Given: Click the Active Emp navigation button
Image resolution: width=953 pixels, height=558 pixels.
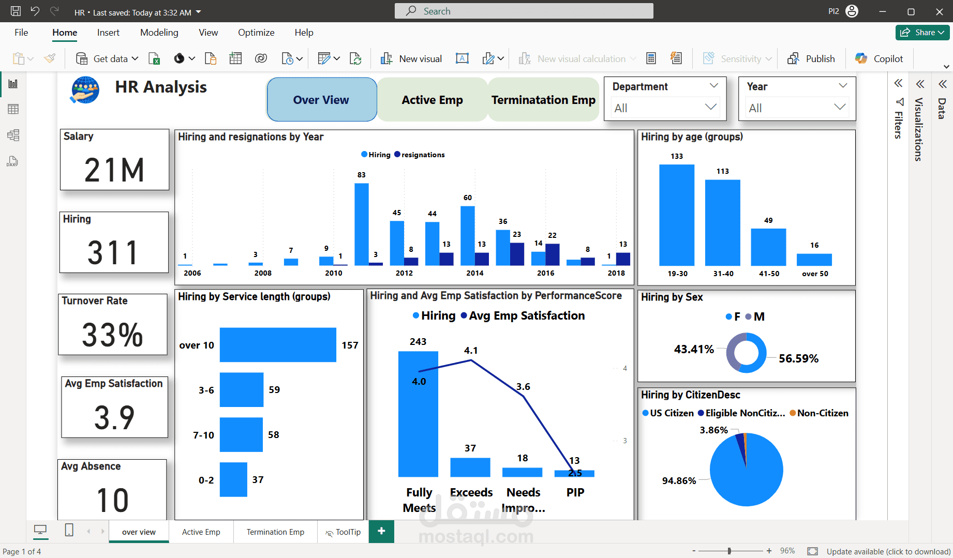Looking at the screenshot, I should coord(432,100).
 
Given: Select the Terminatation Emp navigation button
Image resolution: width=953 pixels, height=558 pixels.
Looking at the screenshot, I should coord(543,100).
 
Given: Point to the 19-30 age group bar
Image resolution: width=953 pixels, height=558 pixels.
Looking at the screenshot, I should coord(677,215).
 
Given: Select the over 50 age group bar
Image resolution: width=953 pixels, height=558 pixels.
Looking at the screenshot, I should coord(814,259).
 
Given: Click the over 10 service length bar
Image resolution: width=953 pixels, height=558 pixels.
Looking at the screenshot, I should coord(278,345).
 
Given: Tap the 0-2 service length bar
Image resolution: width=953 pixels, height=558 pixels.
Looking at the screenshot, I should coord(233,479).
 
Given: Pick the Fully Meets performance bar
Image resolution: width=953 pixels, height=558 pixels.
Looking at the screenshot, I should coord(418,414).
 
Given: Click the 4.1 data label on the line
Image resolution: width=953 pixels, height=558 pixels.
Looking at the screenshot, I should coord(471,351).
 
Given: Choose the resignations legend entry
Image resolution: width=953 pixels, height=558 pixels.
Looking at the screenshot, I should coord(420,155).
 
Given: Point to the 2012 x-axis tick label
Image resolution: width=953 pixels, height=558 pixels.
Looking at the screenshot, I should coord(404,273).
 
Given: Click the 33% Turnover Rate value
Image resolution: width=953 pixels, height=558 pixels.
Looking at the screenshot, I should coord(112,335).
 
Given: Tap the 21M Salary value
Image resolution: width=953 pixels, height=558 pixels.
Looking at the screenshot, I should coord(114,170).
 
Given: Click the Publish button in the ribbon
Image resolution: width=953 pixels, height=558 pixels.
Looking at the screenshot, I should coord(811,59).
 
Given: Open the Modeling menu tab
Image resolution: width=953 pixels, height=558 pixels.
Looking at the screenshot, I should coord(159,33).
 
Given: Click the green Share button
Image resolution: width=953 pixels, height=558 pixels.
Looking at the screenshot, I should coord(922,33).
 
